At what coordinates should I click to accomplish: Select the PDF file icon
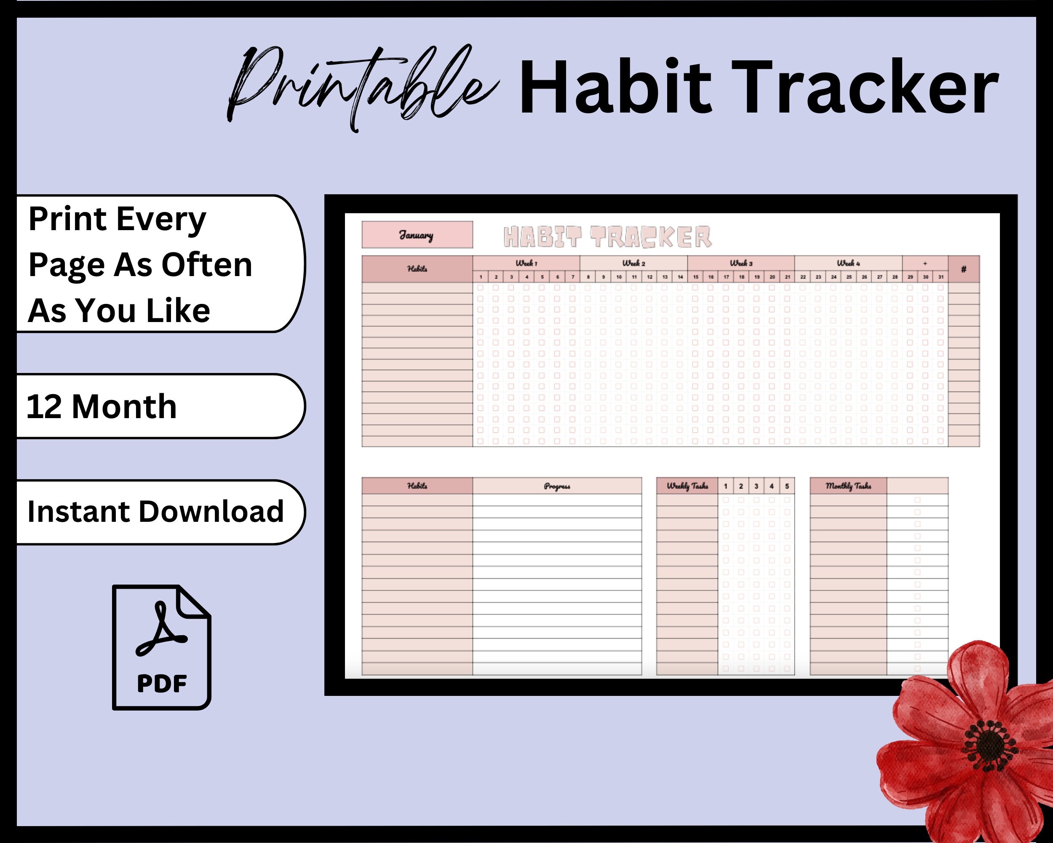[x=162, y=647]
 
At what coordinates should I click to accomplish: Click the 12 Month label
[x=102, y=407]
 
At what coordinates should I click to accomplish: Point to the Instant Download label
[x=155, y=512]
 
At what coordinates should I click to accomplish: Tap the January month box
[x=417, y=235]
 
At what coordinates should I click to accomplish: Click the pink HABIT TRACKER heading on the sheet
[x=607, y=237]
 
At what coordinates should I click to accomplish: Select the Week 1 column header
[x=526, y=263]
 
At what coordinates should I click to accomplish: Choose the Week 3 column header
[x=741, y=263]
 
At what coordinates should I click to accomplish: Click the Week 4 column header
[x=848, y=263]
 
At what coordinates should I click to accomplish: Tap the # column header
[x=964, y=269]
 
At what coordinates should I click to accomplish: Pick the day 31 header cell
[x=941, y=277]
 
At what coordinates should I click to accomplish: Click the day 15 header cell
[x=695, y=277]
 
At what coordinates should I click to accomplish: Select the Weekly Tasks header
[x=687, y=486]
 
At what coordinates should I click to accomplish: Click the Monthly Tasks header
[x=848, y=486]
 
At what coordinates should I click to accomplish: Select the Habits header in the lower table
[x=417, y=486]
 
